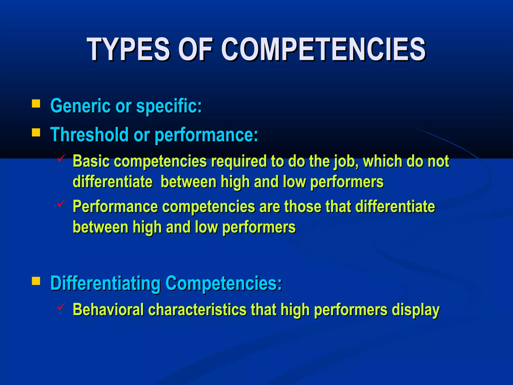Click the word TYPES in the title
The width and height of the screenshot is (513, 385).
coord(129,49)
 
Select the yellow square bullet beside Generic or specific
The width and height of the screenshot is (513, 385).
coord(36,104)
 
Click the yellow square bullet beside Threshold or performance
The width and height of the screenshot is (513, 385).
coord(36,132)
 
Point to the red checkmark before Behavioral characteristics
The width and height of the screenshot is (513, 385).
coord(61,306)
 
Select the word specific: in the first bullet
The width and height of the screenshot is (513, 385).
coord(169,106)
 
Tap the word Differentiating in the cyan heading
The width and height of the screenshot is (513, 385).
coord(105,283)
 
